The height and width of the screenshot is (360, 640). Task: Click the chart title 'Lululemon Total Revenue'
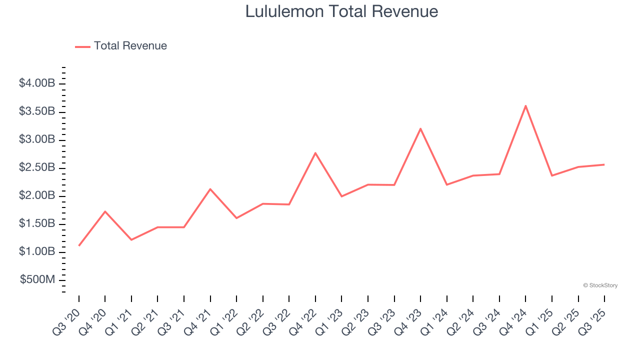[341, 11]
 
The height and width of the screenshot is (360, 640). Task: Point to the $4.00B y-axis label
[37, 83]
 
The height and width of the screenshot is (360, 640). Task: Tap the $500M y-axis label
[37, 279]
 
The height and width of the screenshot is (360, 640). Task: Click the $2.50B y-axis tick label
[37, 167]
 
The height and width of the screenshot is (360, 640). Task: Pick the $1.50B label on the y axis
[37, 223]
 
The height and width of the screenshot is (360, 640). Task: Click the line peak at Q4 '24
[525, 105]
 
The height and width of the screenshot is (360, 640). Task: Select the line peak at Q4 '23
[420, 128]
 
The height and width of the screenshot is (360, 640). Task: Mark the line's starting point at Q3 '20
[79, 245]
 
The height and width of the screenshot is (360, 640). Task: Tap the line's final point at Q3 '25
[604, 164]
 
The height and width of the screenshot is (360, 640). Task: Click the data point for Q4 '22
[315, 152]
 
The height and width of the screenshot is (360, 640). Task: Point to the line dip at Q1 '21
[131, 240]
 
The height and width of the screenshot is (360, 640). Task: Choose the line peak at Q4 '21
[210, 189]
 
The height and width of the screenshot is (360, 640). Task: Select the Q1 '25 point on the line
[552, 175]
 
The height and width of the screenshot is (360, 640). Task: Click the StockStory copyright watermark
[600, 285]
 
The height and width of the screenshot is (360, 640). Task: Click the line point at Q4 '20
[105, 211]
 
